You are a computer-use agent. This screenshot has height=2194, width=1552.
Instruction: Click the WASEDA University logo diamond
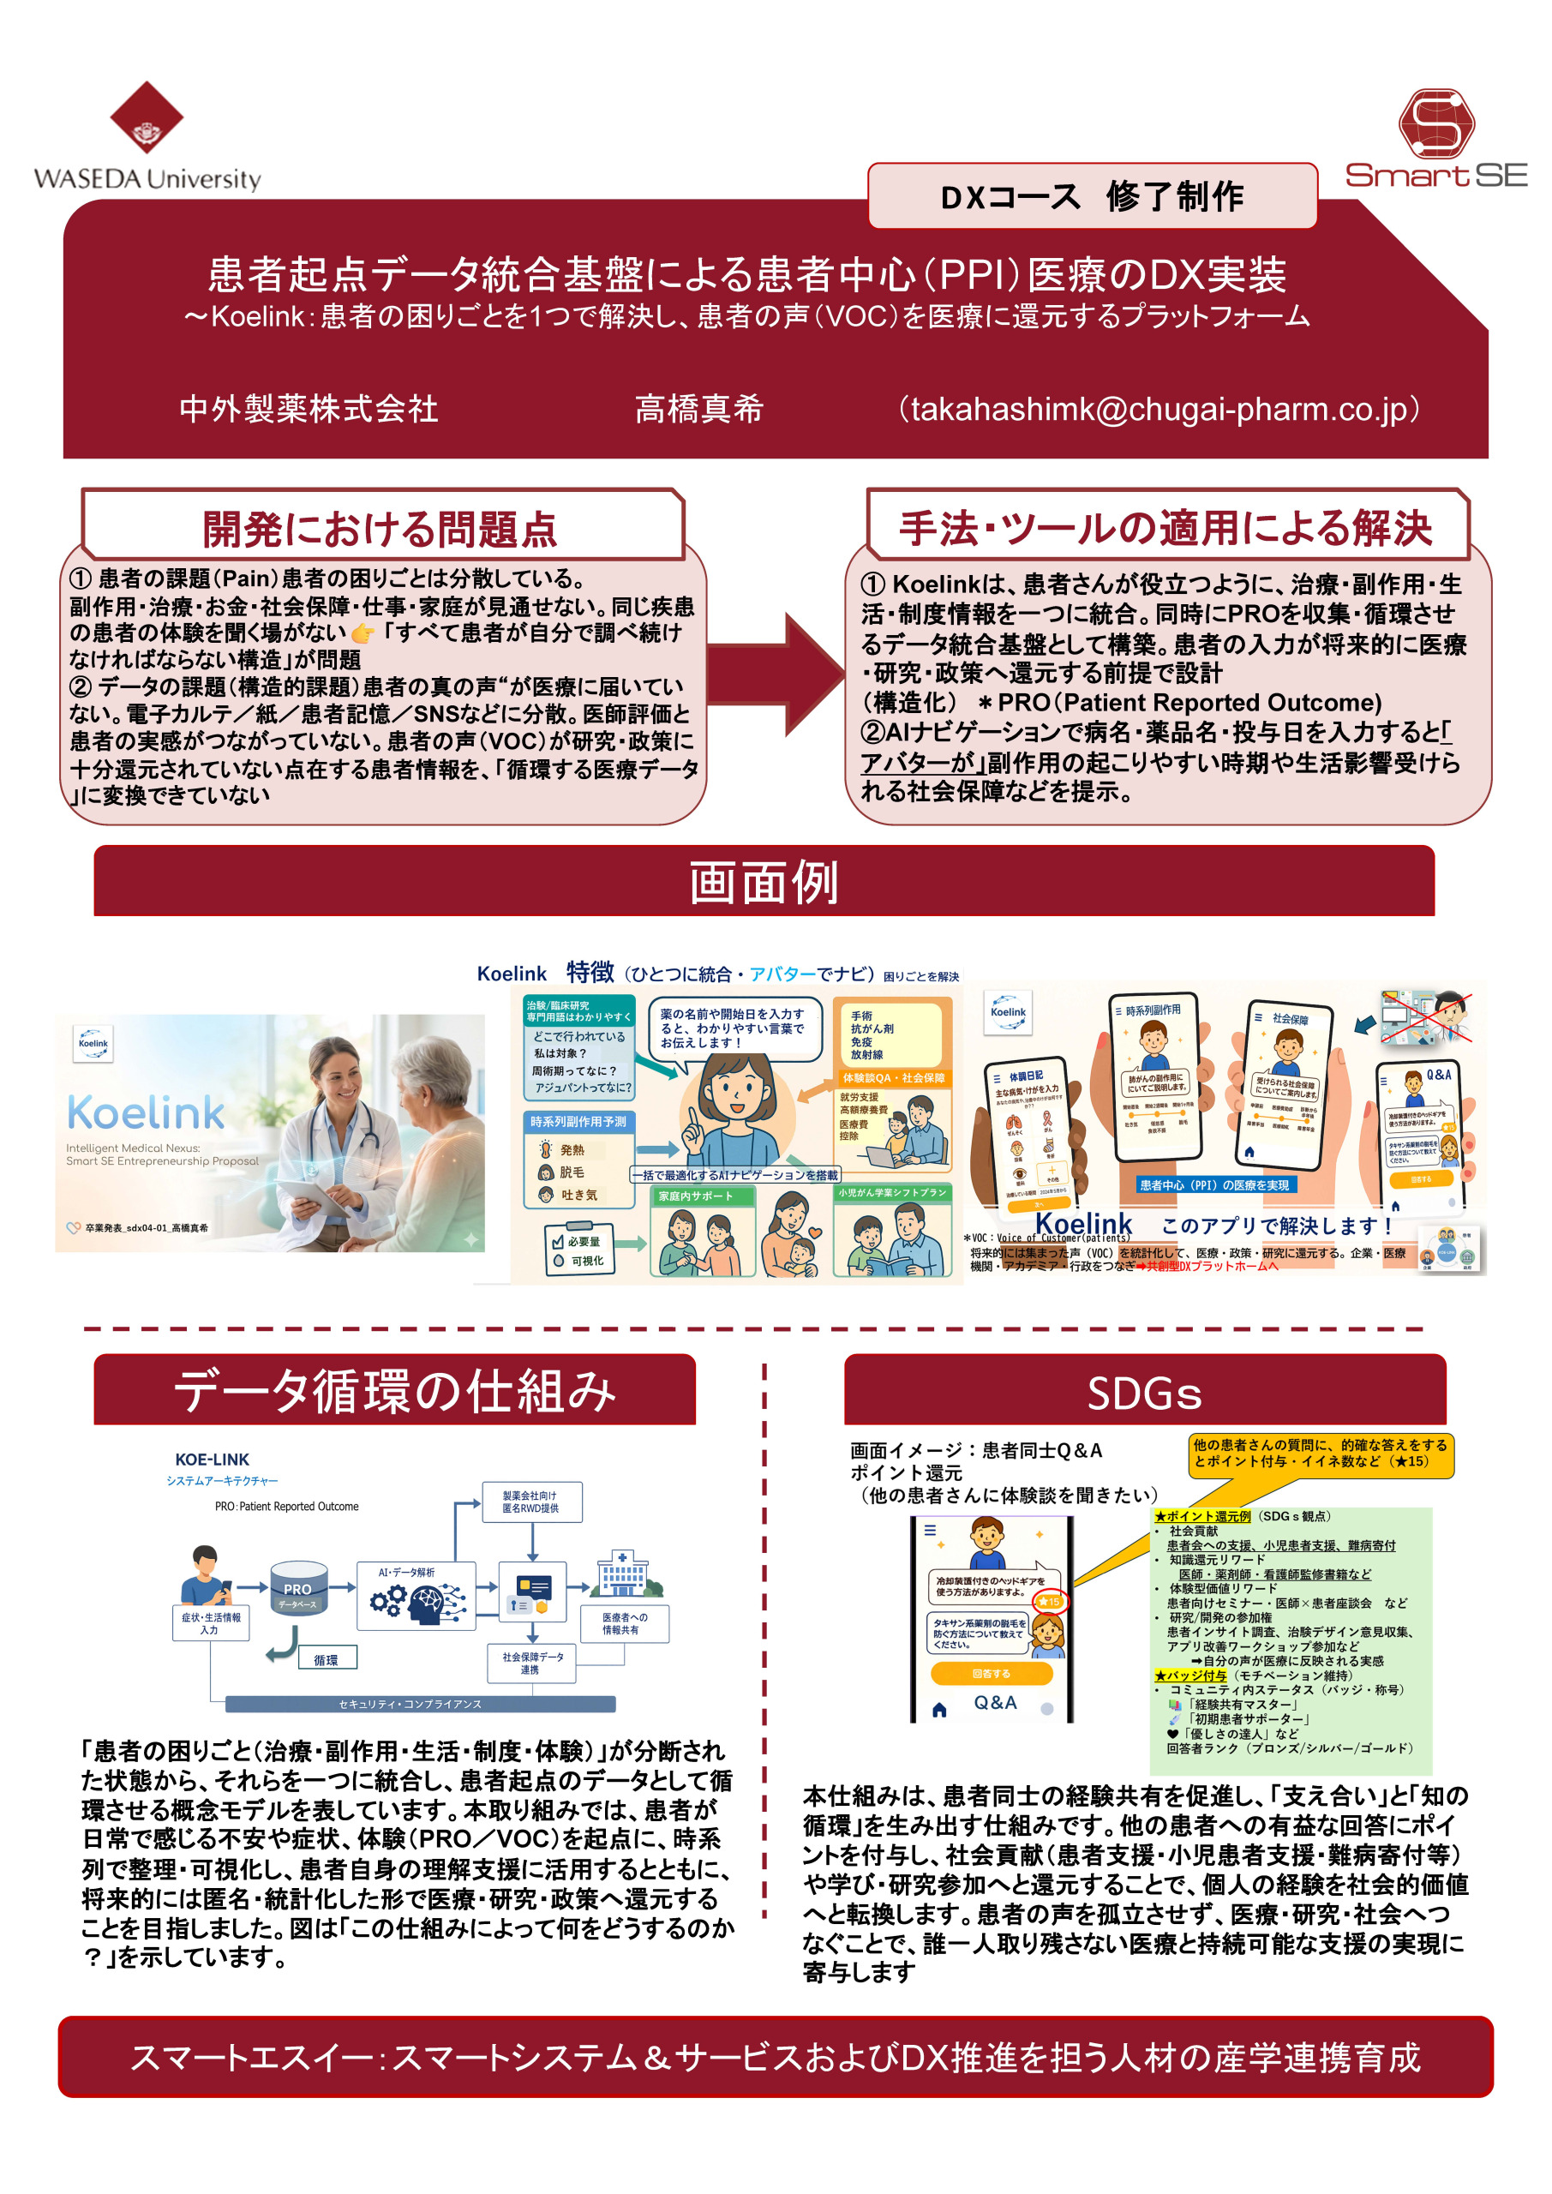(147, 117)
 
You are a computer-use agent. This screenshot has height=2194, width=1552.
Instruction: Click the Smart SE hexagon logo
(1435, 124)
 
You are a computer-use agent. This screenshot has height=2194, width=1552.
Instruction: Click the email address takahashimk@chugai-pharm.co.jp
(1159, 409)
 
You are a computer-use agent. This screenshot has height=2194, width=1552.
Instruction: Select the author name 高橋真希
(698, 409)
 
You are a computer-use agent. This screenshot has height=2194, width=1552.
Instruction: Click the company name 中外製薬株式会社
(309, 409)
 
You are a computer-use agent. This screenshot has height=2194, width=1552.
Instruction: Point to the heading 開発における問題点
(380, 529)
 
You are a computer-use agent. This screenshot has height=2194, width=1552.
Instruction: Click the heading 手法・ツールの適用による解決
(1165, 527)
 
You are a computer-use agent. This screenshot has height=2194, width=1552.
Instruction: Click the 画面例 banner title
(764, 881)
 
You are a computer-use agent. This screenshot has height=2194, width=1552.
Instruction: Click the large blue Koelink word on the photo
(147, 1112)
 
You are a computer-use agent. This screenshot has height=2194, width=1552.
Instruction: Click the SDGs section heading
(1144, 1394)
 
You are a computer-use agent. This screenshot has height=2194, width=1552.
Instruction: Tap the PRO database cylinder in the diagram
(298, 1588)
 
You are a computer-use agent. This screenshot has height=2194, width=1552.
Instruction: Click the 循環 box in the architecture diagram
(326, 1660)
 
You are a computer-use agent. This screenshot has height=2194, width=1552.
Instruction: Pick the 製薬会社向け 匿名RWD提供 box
(531, 1502)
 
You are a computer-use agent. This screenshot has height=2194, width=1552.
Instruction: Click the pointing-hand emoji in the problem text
(363, 632)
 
